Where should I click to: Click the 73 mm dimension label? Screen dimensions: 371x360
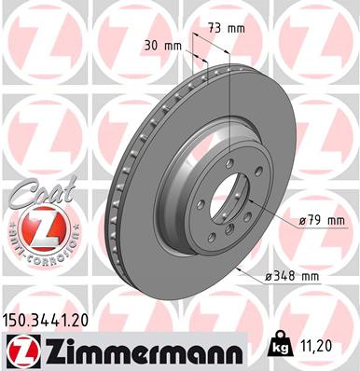(228, 28)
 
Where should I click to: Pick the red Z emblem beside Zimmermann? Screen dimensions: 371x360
(19, 351)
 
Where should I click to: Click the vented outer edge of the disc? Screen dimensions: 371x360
(117, 186)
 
